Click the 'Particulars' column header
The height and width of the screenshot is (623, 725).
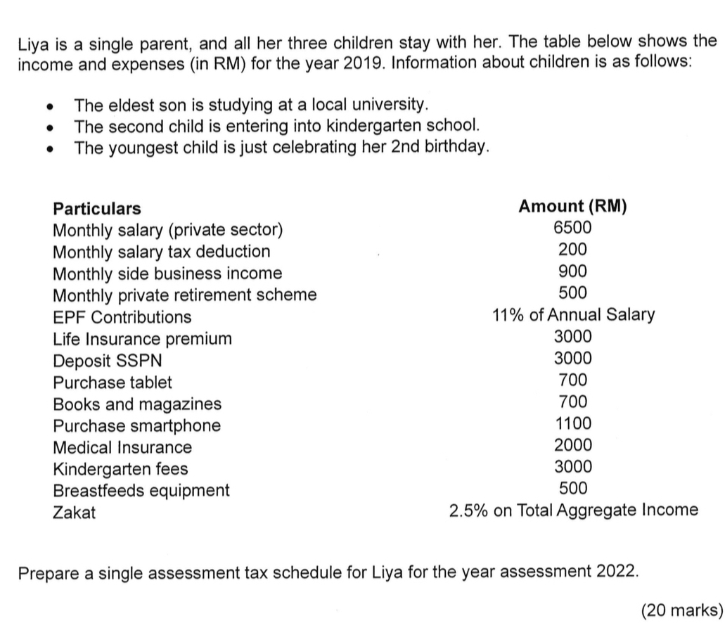(x=97, y=209)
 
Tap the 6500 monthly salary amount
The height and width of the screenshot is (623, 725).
(x=572, y=228)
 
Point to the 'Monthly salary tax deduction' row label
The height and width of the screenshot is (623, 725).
(x=162, y=252)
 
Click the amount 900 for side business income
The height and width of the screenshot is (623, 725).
(x=572, y=271)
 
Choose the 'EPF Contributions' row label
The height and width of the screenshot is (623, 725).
(x=122, y=317)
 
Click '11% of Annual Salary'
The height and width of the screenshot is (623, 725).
(x=573, y=315)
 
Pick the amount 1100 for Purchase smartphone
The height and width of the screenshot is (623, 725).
(x=573, y=424)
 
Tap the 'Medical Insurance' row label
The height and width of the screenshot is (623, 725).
(x=122, y=448)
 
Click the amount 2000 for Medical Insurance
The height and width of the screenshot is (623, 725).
(x=573, y=445)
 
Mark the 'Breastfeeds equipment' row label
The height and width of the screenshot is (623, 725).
(x=141, y=491)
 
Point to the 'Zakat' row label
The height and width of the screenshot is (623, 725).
(x=75, y=513)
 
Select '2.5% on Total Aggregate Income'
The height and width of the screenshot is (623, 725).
(x=574, y=510)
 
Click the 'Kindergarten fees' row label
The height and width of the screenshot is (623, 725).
(x=121, y=469)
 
